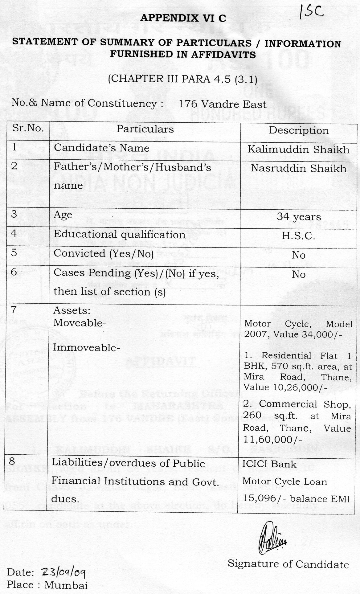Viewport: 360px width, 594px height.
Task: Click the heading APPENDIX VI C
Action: coord(183,18)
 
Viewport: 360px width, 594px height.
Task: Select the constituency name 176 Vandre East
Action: coord(223,104)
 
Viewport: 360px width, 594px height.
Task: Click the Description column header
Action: coord(299,130)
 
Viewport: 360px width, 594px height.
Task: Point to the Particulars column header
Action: coord(145,129)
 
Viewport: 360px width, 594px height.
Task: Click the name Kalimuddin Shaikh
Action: coord(298,150)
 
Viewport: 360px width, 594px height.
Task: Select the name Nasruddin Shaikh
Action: coord(298,168)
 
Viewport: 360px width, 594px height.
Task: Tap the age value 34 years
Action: coord(298,217)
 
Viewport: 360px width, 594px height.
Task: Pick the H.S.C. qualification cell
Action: coord(298,236)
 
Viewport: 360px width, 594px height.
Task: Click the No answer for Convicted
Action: coord(298,255)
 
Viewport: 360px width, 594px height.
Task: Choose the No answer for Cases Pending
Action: coord(298,274)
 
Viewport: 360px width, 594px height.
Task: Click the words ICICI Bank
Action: coord(269,464)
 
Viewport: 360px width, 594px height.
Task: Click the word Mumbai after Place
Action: coord(66,585)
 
